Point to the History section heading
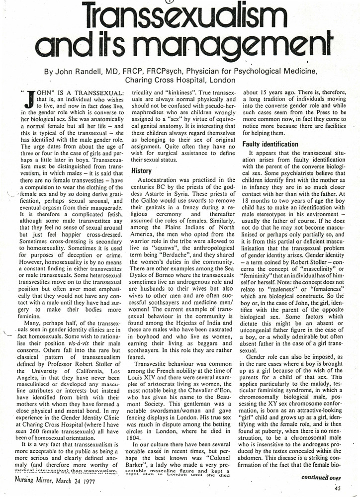pos(141,170)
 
